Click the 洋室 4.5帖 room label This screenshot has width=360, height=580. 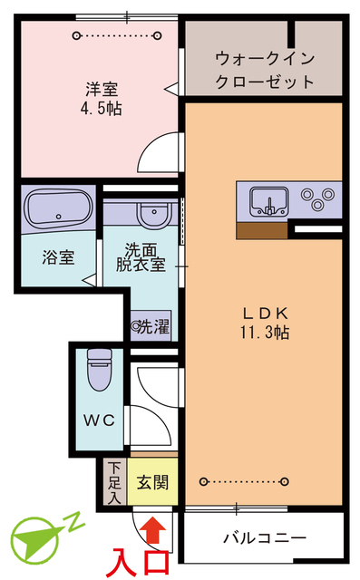[x=101, y=99]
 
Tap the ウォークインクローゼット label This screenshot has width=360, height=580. [x=265, y=71]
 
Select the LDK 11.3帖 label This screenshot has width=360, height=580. [x=265, y=323]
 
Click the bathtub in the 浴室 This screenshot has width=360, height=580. [x=58, y=208]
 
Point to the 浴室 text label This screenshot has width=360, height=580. [x=58, y=257]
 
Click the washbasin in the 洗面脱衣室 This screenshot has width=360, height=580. [x=154, y=214]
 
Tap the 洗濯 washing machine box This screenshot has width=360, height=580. [x=151, y=326]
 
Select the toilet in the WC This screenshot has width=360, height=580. [x=99, y=369]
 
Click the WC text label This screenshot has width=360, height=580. [x=99, y=420]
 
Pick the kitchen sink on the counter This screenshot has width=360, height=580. [x=269, y=201]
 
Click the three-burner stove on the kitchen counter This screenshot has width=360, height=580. [x=317, y=198]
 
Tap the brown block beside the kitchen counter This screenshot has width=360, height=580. [x=262, y=230]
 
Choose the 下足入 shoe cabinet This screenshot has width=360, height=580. [x=114, y=482]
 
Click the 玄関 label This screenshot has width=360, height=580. [x=152, y=482]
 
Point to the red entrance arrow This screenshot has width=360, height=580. [x=154, y=530]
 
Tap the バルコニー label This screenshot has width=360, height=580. [x=265, y=537]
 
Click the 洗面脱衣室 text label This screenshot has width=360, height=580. [x=141, y=257]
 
